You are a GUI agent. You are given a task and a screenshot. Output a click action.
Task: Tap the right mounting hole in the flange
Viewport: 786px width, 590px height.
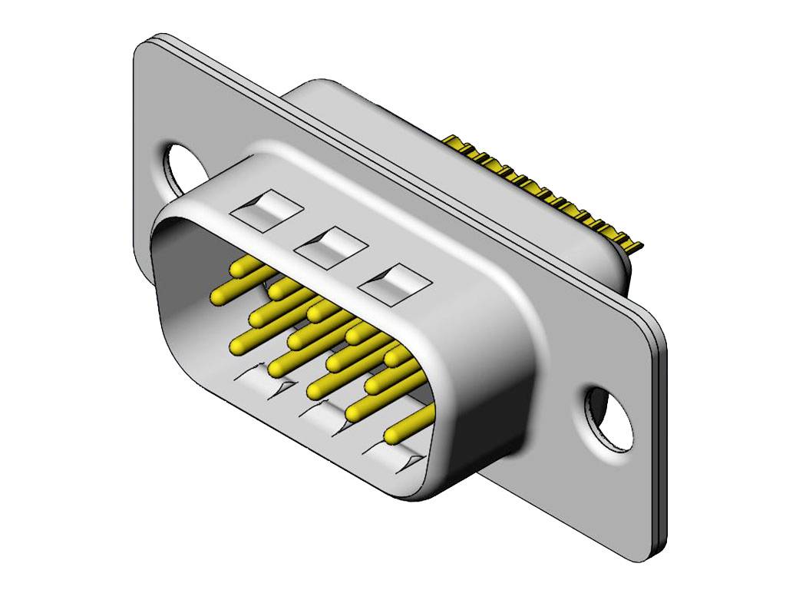[610, 418]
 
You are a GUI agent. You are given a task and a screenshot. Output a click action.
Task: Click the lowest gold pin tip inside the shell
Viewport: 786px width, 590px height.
[393, 436]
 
